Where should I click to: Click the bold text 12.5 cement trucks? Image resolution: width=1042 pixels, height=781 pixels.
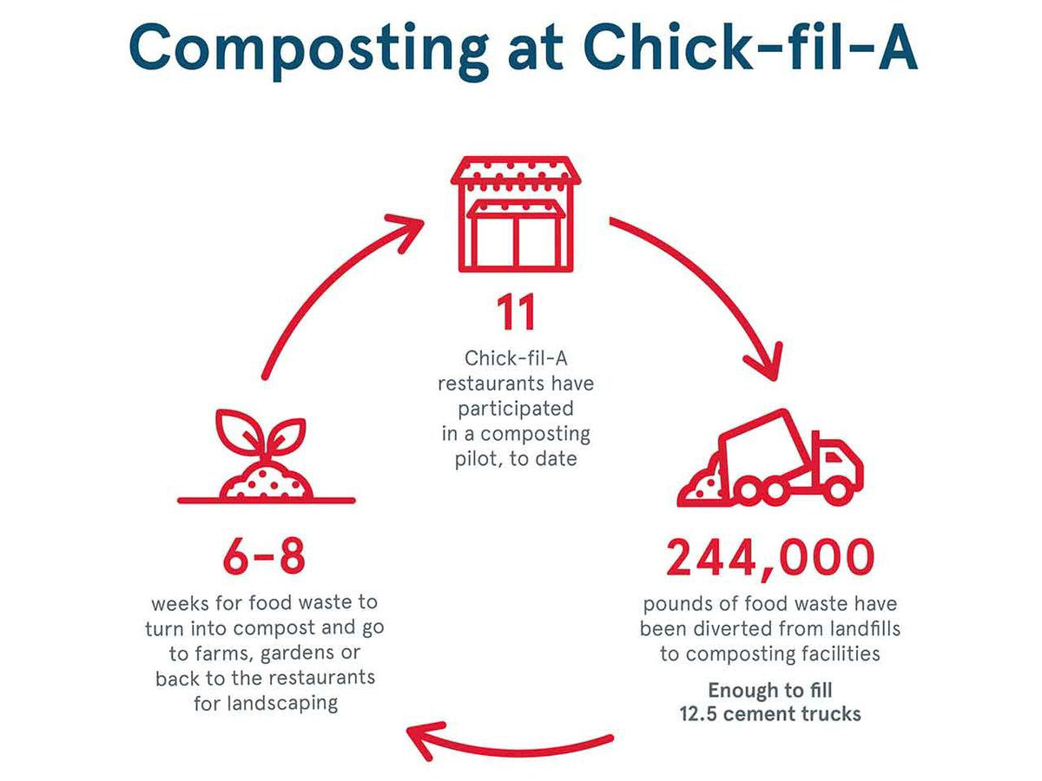769,715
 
